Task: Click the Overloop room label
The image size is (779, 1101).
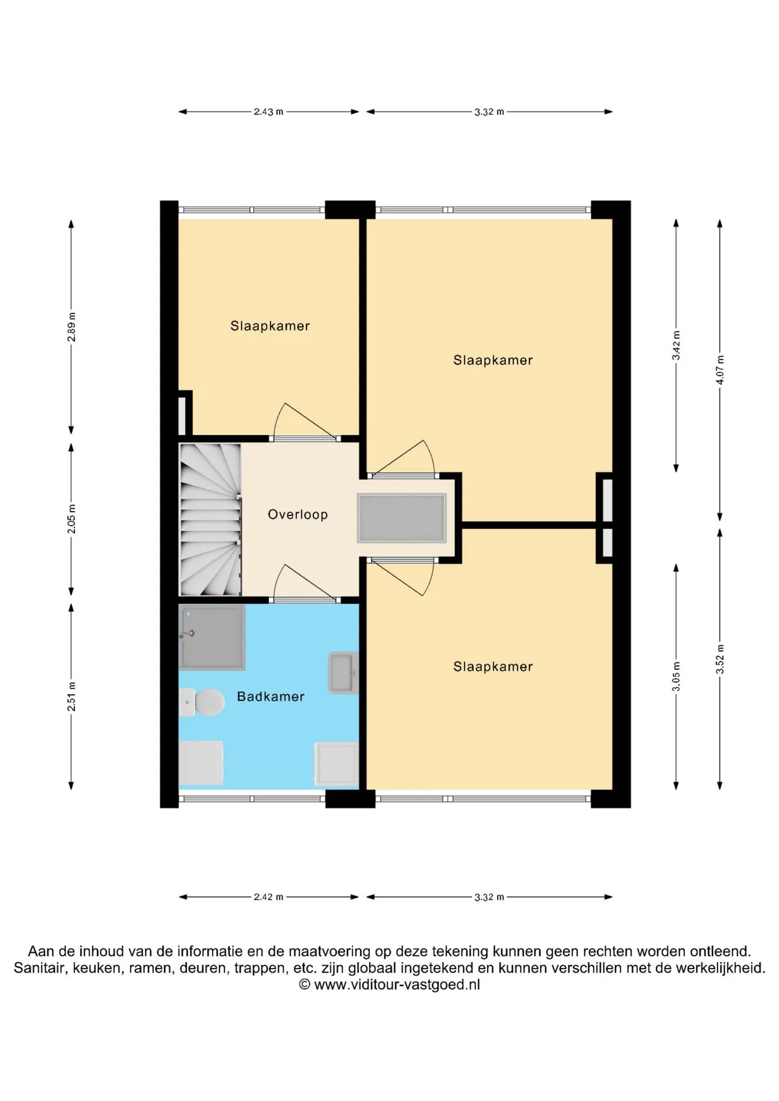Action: tap(298, 514)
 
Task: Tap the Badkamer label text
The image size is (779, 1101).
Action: tap(271, 697)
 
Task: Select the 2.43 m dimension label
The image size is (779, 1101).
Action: tap(268, 112)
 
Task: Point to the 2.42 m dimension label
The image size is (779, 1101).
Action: tap(268, 897)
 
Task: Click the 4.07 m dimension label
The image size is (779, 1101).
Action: tap(720, 370)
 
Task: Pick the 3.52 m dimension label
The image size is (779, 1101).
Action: tap(720, 659)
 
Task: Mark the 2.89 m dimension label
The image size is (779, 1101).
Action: tap(72, 327)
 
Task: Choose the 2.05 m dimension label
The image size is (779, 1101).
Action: tap(72, 519)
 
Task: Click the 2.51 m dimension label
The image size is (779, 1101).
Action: tap(72, 697)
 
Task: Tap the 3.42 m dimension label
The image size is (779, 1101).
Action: tap(676, 346)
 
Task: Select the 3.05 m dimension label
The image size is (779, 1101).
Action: tap(676, 677)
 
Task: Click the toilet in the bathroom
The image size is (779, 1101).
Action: tap(202, 702)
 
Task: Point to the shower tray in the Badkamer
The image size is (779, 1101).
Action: tap(212, 638)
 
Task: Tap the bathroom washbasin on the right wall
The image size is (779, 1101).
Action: tap(344, 673)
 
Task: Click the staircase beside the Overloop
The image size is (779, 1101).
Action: tap(210, 520)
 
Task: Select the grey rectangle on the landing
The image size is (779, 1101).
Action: tap(402, 518)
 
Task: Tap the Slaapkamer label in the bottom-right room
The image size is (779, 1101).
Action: tap(493, 666)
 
